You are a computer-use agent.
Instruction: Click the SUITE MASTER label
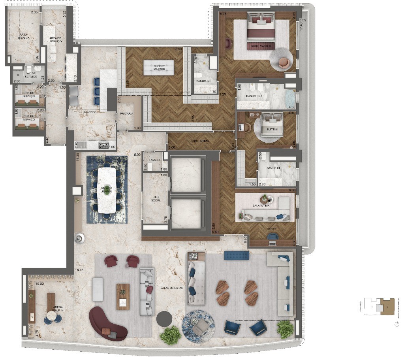click(x=261, y=47)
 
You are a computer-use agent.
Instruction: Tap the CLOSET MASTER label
click(x=159, y=68)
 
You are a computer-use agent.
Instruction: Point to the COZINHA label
click(x=90, y=112)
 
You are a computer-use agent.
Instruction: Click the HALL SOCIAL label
click(x=156, y=198)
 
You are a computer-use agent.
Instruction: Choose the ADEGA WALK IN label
click(x=53, y=309)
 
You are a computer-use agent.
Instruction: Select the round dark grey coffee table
click(x=164, y=319)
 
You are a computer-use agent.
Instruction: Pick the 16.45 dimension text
click(x=79, y=271)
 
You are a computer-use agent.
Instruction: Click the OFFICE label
click(x=271, y=229)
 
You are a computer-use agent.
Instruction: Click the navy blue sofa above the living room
click(x=237, y=255)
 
